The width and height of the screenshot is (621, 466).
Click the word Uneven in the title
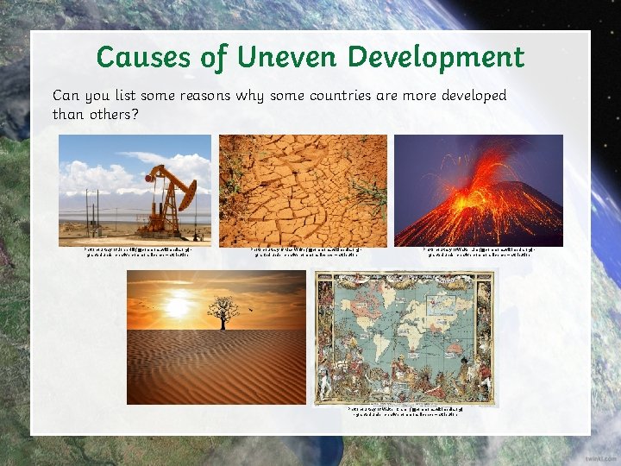tap(276, 57)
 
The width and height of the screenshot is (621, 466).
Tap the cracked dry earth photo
tap(303, 190)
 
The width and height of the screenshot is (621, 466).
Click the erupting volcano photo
tap(478, 190)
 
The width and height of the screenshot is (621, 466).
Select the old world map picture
tap(405, 337)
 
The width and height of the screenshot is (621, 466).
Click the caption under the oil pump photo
tap(135, 252)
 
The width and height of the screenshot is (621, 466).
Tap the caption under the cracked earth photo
tap(303, 252)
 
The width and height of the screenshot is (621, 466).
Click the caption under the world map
tap(405, 412)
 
